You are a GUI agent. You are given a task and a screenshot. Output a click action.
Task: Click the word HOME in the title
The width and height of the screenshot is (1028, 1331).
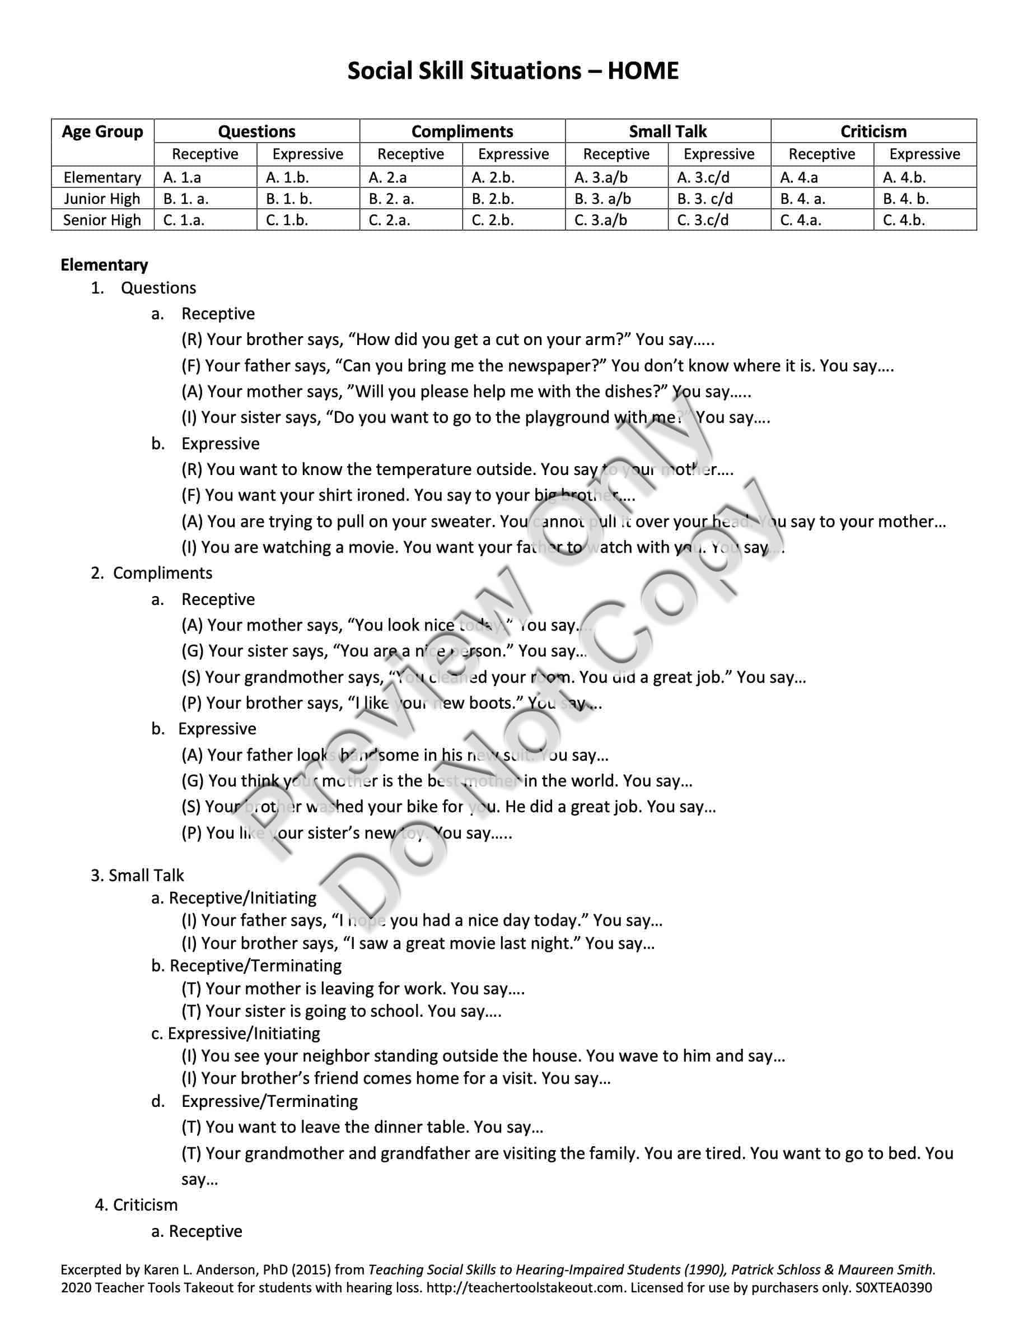tap(643, 71)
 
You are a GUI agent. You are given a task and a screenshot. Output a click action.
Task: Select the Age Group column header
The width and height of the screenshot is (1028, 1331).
tap(102, 132)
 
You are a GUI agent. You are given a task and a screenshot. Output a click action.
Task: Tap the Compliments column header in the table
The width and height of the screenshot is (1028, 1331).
tap(462, 132)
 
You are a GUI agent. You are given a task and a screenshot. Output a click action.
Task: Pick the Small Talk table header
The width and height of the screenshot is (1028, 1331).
tap(667, 132)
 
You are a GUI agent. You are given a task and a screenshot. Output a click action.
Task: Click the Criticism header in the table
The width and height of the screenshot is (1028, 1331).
tap(873, 132)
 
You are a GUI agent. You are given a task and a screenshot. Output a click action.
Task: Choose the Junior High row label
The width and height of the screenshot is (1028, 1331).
tap(102, 199)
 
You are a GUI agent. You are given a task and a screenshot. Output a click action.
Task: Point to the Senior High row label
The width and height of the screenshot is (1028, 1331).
tap(102, 220)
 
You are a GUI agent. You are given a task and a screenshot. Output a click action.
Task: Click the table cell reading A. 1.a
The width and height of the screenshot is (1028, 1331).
tap(182, 178)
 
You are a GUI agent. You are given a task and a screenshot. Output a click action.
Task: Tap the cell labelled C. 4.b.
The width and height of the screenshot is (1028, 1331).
tap(904, 220)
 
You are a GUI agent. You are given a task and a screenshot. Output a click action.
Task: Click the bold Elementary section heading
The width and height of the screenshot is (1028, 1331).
tap(104, 265)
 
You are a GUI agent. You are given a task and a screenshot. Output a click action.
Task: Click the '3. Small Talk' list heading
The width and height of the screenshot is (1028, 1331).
tap(138, 876)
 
